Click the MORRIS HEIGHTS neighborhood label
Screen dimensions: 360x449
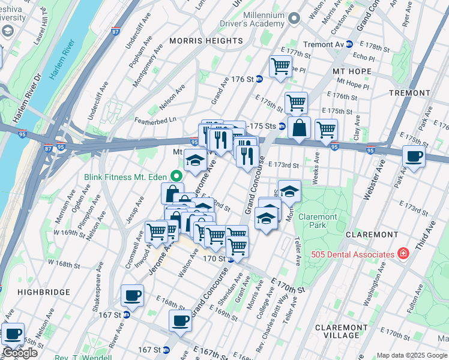[206, 41]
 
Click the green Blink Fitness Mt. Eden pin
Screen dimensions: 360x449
[176, 176]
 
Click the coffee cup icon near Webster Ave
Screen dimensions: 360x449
[413, 157]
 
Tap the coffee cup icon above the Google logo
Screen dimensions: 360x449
[12, 333]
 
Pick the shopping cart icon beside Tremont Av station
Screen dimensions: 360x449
[280, 66]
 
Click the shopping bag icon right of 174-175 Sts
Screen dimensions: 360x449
[299, 128]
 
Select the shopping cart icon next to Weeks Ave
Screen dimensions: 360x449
[326, 130]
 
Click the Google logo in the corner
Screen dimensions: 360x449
[20, 353]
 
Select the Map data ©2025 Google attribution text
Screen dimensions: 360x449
[412, 355]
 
